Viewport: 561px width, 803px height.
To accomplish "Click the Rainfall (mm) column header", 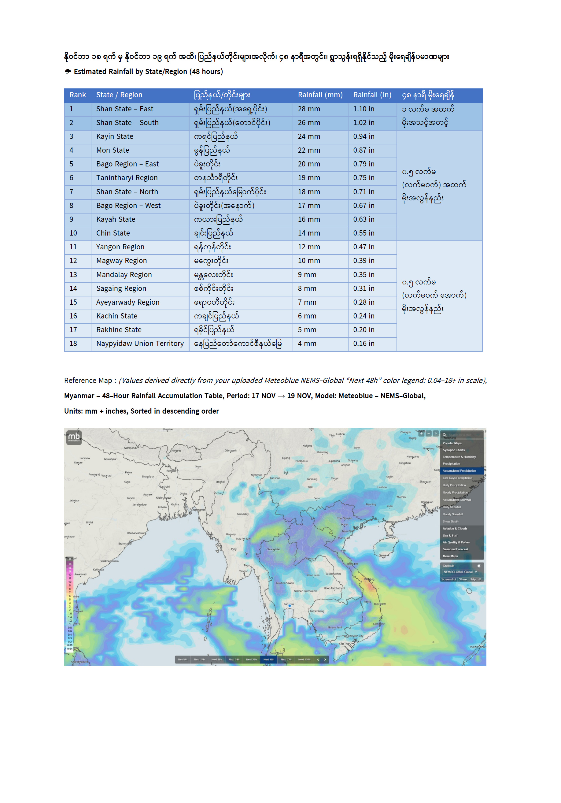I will [320, 95].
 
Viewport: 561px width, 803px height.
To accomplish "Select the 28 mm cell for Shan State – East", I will [309, 109].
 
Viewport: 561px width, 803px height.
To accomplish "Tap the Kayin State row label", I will [115, 136].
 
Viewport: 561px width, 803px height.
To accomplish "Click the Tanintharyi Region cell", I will [127, 178].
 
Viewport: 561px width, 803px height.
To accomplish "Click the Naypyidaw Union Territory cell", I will [140, 344].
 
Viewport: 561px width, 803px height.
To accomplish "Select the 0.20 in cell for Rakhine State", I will [364, 330].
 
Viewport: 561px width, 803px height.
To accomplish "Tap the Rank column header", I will [78, 95].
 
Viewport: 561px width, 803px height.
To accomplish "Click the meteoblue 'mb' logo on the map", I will [74, 437].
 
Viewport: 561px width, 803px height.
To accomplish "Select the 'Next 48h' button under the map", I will [268, 659].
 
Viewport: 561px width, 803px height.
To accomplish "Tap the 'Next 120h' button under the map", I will [304, 659].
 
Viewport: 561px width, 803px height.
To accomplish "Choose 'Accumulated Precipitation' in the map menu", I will [459, 471].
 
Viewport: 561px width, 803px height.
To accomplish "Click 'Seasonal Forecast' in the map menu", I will [455, 549].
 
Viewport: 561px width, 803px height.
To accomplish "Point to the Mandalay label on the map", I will [243, 514].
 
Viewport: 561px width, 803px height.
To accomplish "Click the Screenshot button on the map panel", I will [448, 579].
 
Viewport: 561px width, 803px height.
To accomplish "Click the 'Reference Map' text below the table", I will [88, 381].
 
